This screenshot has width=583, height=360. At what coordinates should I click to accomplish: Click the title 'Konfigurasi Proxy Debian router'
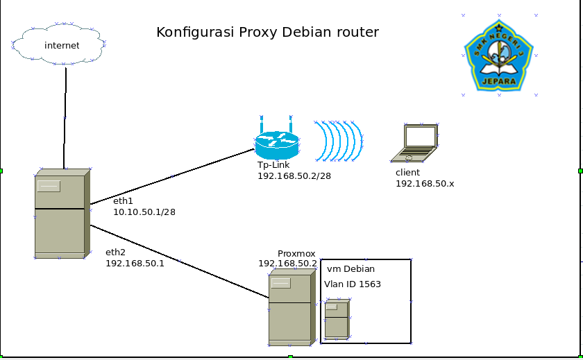(x=267, y=32)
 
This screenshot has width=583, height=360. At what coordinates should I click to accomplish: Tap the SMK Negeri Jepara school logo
(x=498, y=55)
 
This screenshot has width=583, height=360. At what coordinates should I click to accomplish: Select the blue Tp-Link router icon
(x=276, y=144)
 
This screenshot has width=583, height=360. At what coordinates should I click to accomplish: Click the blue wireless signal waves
(x=338, y=141)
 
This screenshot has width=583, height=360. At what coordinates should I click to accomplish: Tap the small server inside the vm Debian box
(x=337, y=319)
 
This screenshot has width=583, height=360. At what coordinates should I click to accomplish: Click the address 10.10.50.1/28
(x=144, y=212)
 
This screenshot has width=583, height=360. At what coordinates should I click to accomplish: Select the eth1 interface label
(x=124, y=200)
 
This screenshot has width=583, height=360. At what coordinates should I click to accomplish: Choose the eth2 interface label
(x=116, y=252)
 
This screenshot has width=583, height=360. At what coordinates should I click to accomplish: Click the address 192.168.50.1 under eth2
(x=135, y=264)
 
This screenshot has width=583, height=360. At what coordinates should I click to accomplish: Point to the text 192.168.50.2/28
(x=294, y=176)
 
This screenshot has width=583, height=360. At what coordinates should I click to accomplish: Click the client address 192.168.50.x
(x=425, y=183)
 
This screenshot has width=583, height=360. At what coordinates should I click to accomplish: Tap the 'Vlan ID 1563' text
(x=353, y=284)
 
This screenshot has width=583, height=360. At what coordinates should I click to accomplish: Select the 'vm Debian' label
(x=350, y=269)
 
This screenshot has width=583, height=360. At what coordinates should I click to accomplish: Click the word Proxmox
(x=297, y=254)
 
